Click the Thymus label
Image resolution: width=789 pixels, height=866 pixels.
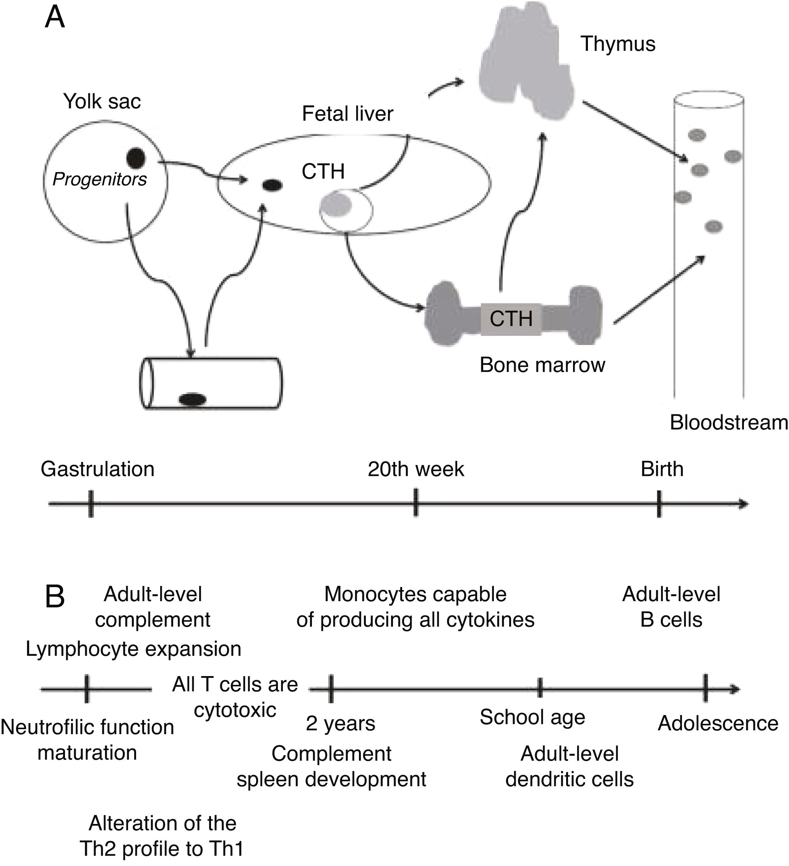(x=617, y=44)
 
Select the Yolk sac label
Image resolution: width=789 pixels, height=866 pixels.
(x=102, y=101)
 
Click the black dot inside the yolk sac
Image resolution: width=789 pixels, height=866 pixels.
(x=136, y=158)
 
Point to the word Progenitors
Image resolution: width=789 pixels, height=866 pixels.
(x=99, y=179)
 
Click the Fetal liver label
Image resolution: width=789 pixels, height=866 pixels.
(x=347, y=114)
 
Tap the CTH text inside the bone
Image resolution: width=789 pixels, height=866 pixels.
(x=511, y=319)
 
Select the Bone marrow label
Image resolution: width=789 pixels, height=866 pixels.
(x=542, y=365)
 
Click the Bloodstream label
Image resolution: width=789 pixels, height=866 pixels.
(x=729, y=423)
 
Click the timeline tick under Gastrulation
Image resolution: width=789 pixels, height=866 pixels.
(x=91, y=504)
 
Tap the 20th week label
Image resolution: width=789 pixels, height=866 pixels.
(x=416, y=469)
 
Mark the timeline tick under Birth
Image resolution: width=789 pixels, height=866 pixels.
(x=659, y=504)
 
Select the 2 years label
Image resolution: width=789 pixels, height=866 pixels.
(x=340, y=723)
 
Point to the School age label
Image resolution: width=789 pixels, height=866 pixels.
(x=532, y=717)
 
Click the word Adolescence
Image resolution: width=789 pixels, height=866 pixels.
(x=718, y=723)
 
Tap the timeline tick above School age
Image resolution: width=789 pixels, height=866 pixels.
(x=540, y=689)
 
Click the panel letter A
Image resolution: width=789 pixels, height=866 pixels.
(x=55, y=18)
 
